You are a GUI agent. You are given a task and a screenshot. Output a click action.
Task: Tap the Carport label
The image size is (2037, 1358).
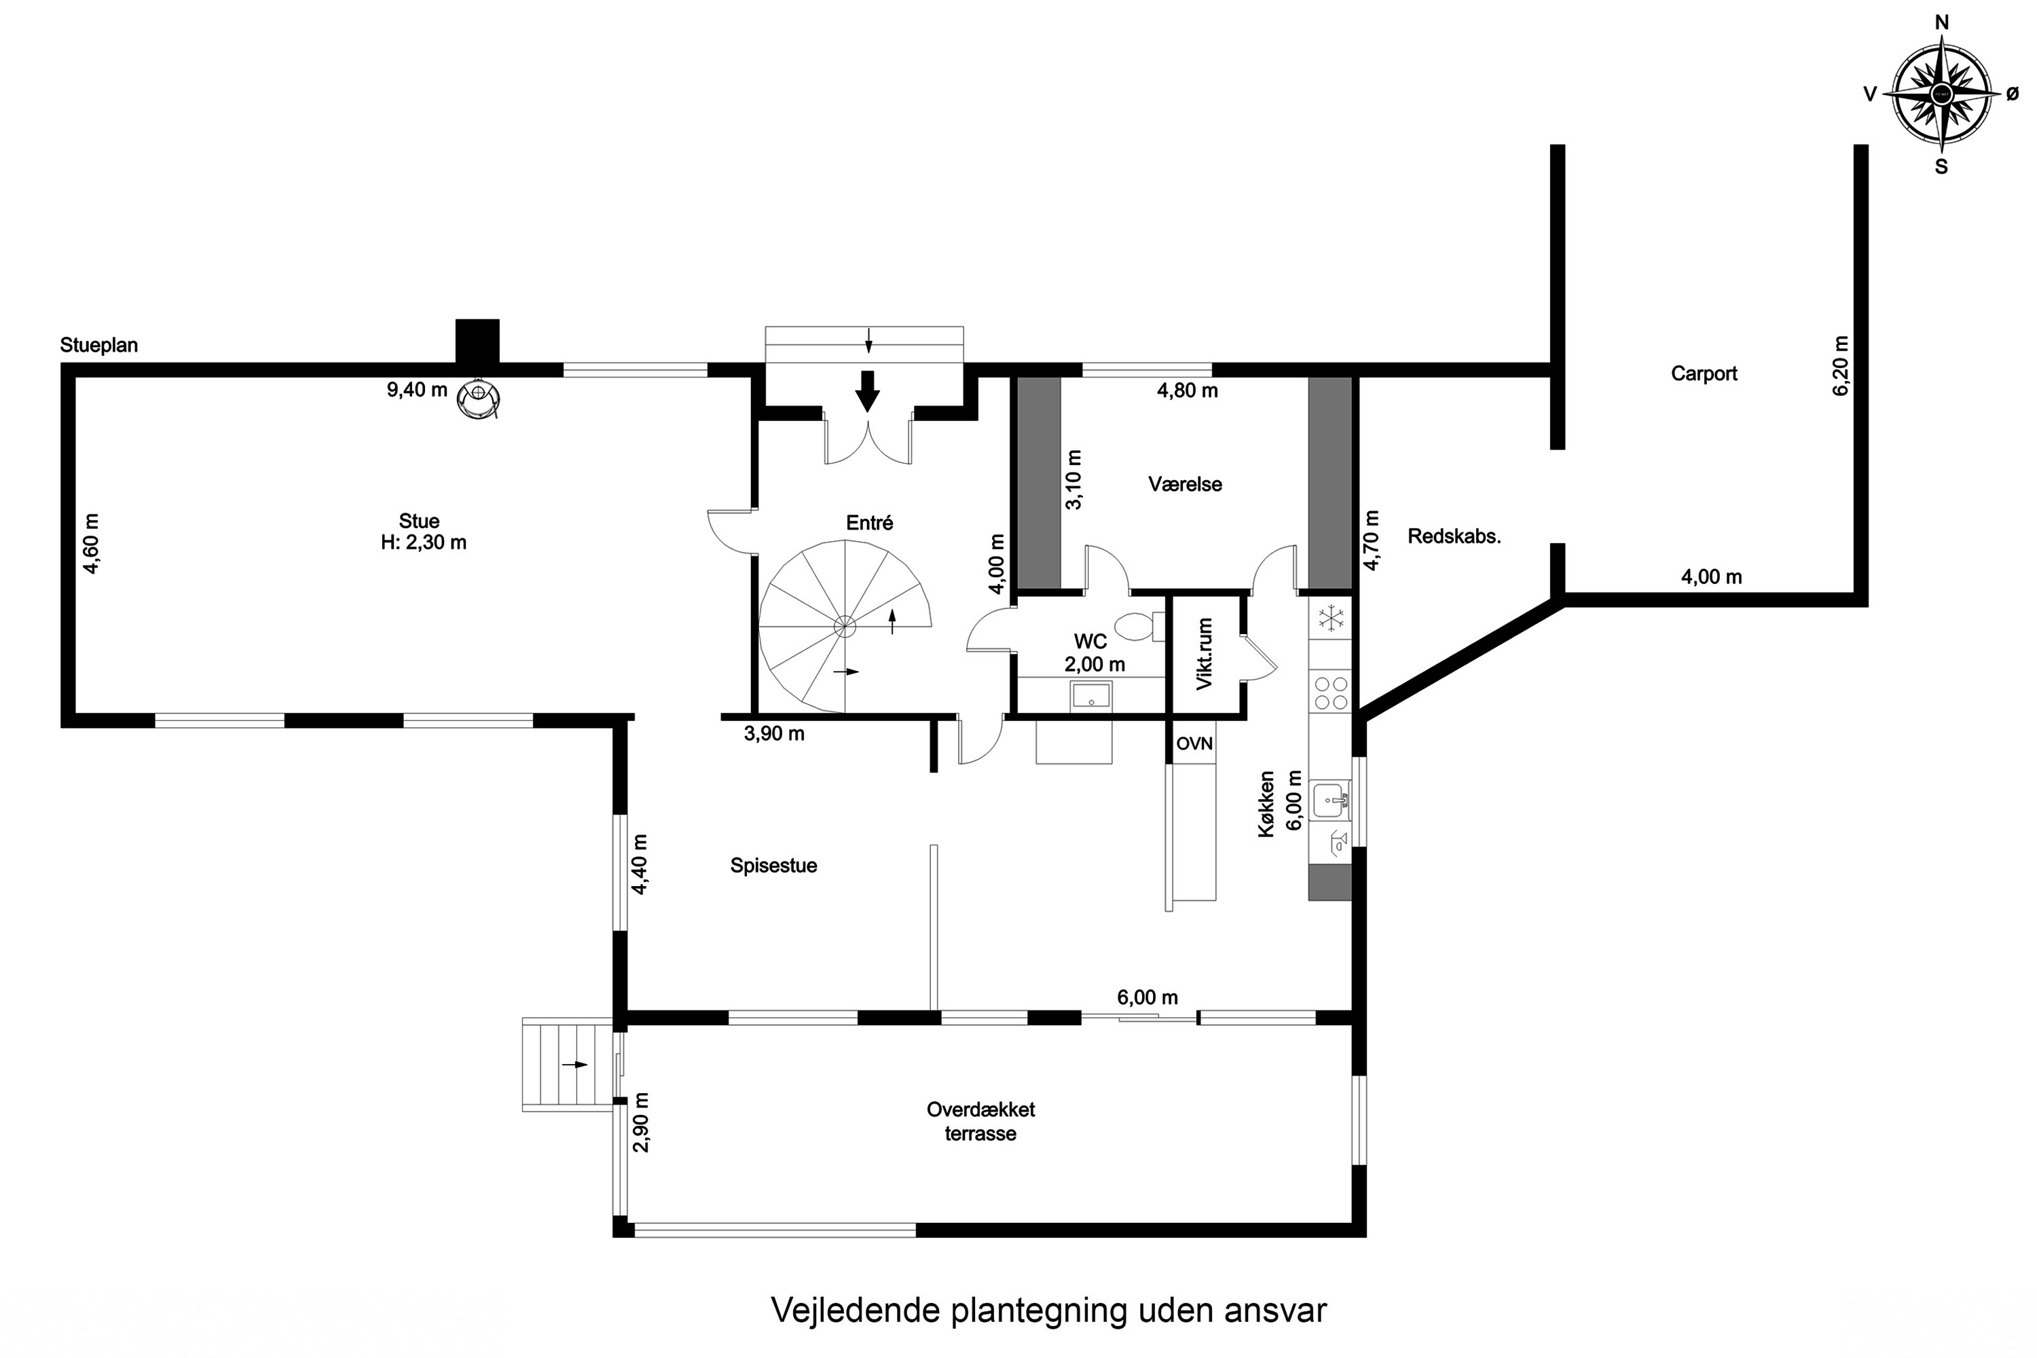(1704, 373)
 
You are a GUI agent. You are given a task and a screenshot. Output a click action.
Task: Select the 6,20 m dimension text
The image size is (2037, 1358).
(1840, 365)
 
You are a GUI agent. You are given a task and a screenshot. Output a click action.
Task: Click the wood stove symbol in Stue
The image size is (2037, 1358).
(478, 399)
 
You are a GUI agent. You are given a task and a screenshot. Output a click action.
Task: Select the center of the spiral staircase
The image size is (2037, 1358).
(845, 625)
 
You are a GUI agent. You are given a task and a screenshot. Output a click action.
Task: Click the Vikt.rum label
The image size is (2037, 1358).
(1204, 654)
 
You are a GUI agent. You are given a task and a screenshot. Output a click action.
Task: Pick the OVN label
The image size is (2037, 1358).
(1194, 743)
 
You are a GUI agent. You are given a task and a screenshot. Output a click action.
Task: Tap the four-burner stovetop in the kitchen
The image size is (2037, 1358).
(1330, 693)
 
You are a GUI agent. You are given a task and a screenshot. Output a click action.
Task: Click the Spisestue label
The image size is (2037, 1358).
(773, 865)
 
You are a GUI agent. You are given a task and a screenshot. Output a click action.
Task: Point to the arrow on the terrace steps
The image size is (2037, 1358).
(574, 1065)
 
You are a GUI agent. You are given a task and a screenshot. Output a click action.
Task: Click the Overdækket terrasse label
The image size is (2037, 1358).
(980, 1121)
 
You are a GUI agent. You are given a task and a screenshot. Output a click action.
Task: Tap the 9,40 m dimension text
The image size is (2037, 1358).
(417, 390)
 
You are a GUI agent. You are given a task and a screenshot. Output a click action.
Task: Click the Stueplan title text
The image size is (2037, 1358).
(98, 345)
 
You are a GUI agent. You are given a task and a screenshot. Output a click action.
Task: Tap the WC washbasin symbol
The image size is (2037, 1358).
(1091, 695)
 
